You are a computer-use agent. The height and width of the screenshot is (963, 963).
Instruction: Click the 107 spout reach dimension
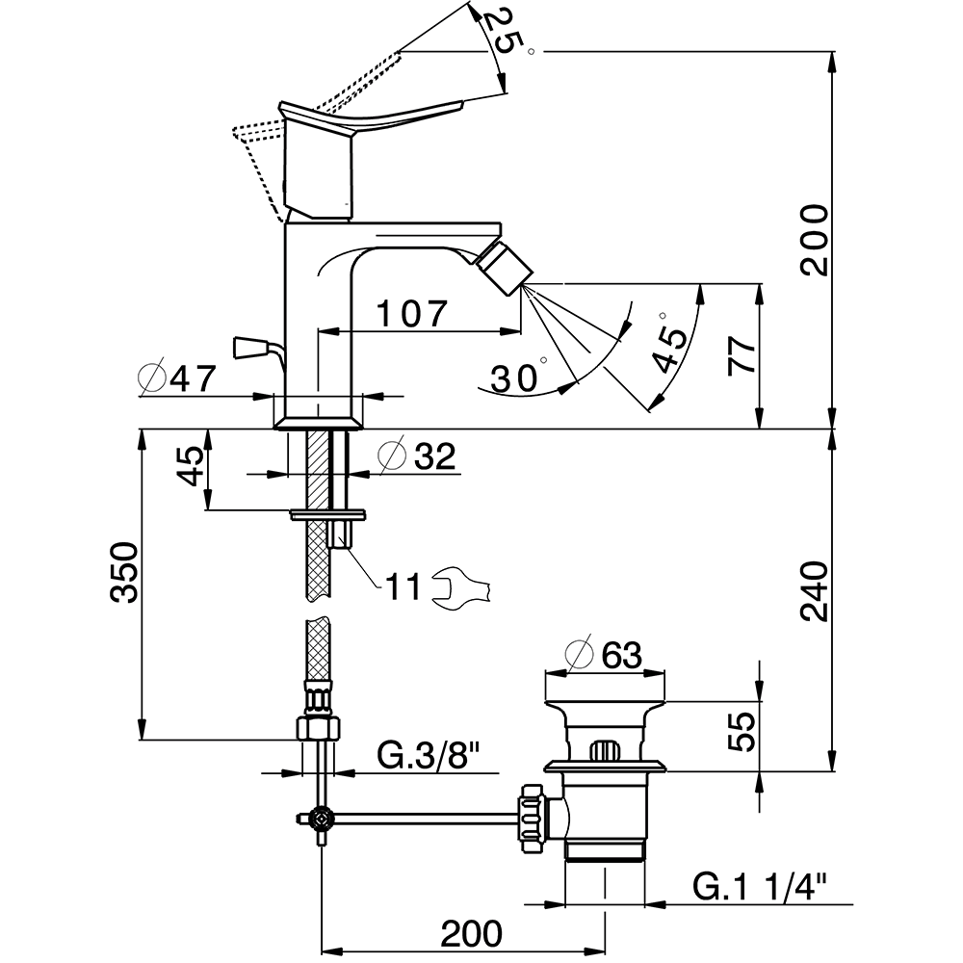coord(412,313)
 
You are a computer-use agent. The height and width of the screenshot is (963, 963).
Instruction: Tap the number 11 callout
coord(403,586)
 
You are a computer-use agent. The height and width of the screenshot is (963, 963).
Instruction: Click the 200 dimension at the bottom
coord(472,932)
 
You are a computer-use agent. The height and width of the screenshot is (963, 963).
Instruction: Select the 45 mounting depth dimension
coord(191,467)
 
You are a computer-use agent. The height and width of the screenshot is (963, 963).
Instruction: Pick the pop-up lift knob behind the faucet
coord(252,345)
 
